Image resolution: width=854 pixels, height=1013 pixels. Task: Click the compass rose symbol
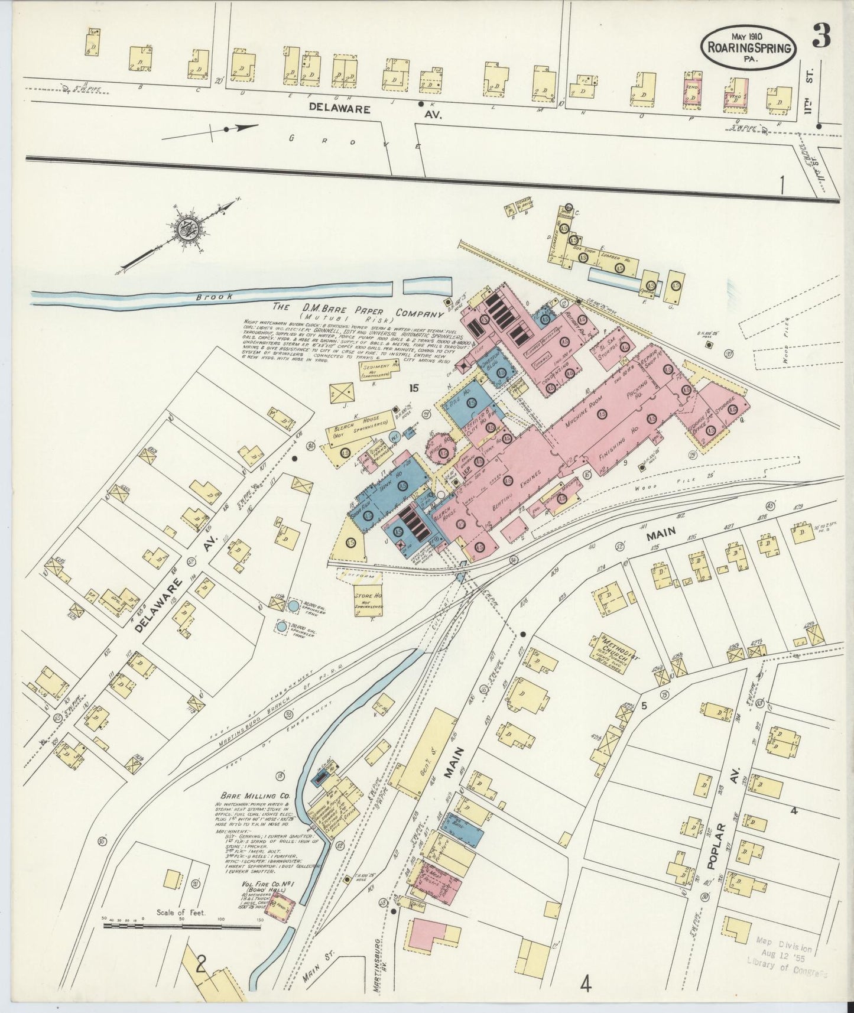pos(189,228)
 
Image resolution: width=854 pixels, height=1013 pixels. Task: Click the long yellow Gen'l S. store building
pos(426,754)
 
